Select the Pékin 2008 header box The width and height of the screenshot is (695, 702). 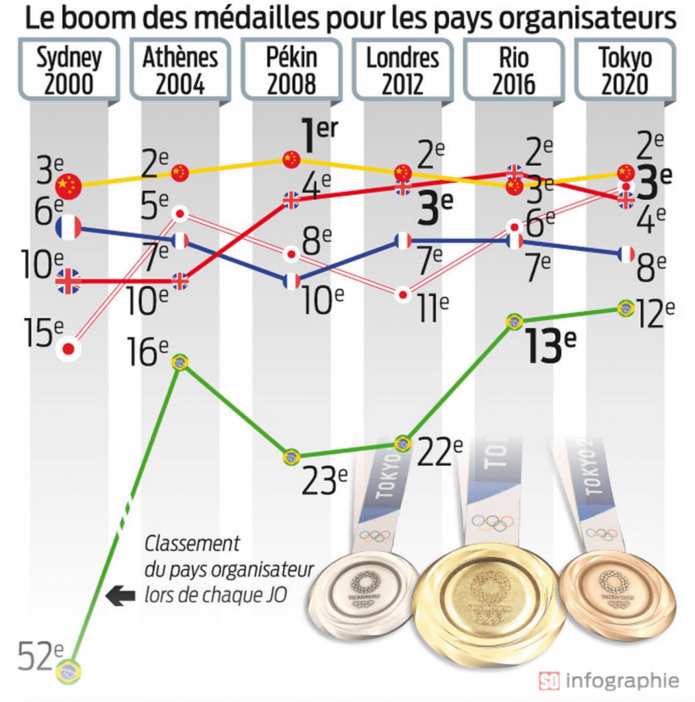(x=292, y=71)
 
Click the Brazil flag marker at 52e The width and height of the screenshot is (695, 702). (x=68, y=671)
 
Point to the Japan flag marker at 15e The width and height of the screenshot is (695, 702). (x=68, y=349)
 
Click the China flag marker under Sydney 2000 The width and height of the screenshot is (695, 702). (x=69, y=185)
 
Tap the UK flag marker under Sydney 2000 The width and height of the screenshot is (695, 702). (x=69, y=281)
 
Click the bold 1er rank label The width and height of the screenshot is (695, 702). (x=317, y=137)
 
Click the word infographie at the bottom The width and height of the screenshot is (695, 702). (x=622, y=681)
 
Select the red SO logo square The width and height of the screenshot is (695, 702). (x=549, y=681)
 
